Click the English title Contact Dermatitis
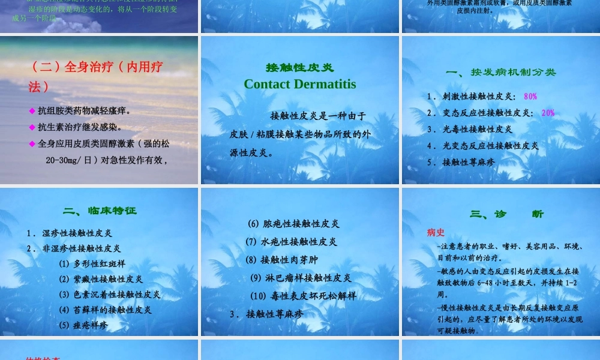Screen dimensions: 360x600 tap(299, 84)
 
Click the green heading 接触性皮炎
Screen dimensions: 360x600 tap(299, 67)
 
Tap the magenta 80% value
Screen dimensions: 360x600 tap(530, 97)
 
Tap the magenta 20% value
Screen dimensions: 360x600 tap(548, 113)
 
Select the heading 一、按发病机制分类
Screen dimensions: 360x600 tap(501, 72)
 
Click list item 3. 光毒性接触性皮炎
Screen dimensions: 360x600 tap(470, 129)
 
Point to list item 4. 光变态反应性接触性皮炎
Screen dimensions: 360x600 tap(483, 145)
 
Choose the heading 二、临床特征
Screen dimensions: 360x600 tap(100, 211)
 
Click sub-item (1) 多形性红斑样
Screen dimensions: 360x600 tap(92, 263)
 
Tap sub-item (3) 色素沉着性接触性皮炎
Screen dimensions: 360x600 tap(109, 295)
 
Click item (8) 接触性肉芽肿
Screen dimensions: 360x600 tap(281, 260)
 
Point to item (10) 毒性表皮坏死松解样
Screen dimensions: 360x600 tap(303, 296)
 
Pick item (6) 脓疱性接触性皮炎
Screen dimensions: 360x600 tap(293, 224)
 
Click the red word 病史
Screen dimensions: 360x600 tap(436, 232)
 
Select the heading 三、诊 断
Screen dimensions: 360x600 tap(507, 214)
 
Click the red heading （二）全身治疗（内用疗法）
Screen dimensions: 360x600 tap(95, 76)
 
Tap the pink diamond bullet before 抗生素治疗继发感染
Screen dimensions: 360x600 tap(32, 127)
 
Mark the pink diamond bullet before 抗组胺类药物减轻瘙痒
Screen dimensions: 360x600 tap(32, 111)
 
